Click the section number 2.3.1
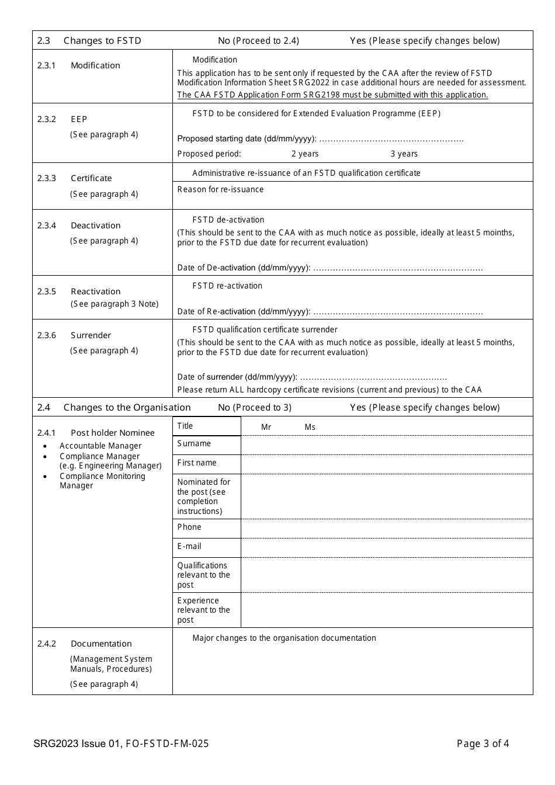click(46, 65)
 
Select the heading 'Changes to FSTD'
click(102, 40)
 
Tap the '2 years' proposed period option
click(305, 154)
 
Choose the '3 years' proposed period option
click(404, 154)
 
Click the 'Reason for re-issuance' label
click(220, 189)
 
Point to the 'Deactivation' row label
click(95, 225)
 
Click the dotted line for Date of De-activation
click(398, 268)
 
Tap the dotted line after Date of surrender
click(373, 377)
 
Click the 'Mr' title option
click(266, 427)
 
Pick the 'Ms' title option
click(310, 427)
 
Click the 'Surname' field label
click(194, 443)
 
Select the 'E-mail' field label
click(189, 546)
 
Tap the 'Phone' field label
click(189, 527)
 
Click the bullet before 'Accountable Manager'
click(45, 446)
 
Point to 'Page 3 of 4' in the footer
click(483, 744)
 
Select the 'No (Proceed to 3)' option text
click(255, 407)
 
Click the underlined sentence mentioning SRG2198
click(332, 95)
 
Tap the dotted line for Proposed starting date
click(391, 139)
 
